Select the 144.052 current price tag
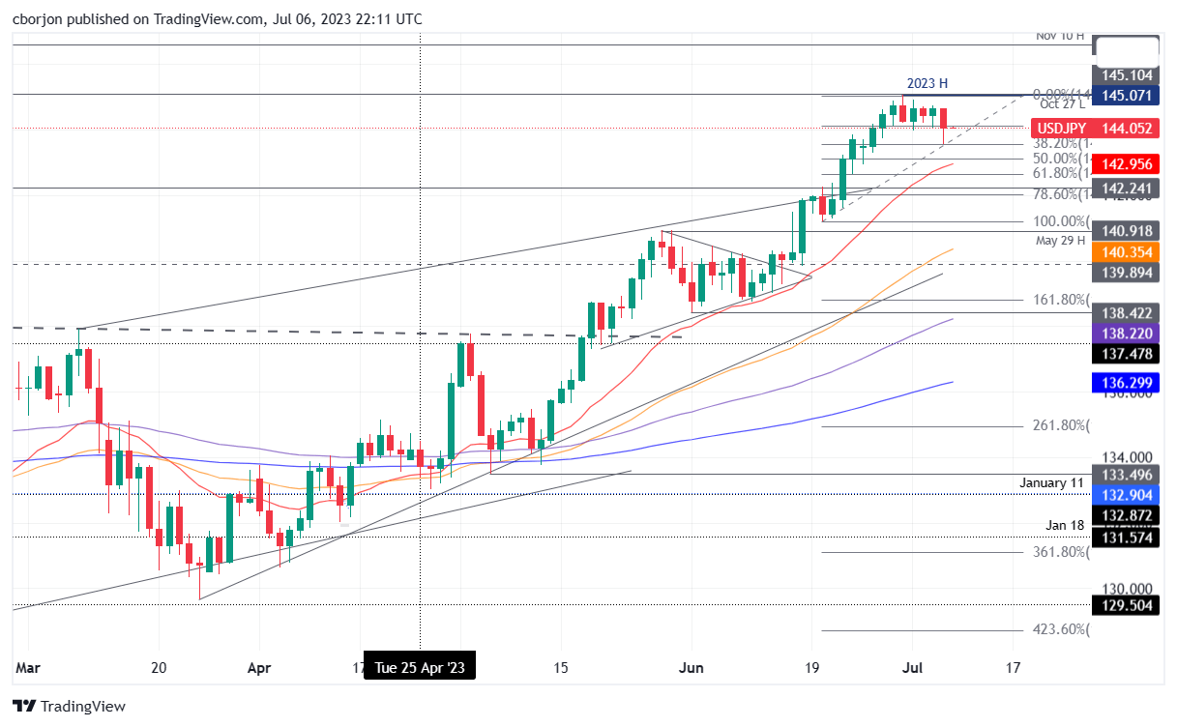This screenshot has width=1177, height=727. pos(1126,128)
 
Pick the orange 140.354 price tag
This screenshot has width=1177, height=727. pos(1126,250)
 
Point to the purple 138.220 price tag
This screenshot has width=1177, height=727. pos(1126,332)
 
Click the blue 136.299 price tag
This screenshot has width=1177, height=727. pos(1126,383)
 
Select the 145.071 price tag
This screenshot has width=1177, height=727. pos(1126,95)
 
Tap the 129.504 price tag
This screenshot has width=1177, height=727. pos(1126,606)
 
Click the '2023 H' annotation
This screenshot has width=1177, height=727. pos(927,84)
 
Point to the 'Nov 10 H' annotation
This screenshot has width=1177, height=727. pos(1060,36)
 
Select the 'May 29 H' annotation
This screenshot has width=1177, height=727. pos(1061,241)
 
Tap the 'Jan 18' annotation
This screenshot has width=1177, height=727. pos(1065,525)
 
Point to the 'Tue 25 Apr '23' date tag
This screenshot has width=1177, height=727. pos(419,668)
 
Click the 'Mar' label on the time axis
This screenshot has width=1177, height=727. pos(29,667)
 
